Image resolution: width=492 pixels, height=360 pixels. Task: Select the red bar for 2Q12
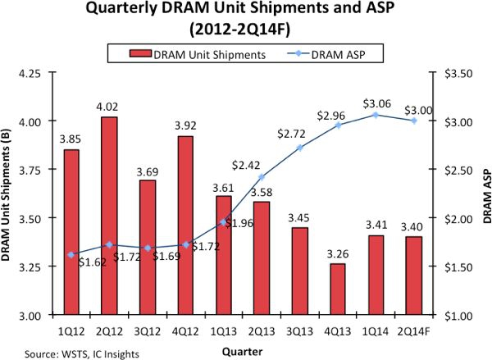[x=107, y=216]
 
